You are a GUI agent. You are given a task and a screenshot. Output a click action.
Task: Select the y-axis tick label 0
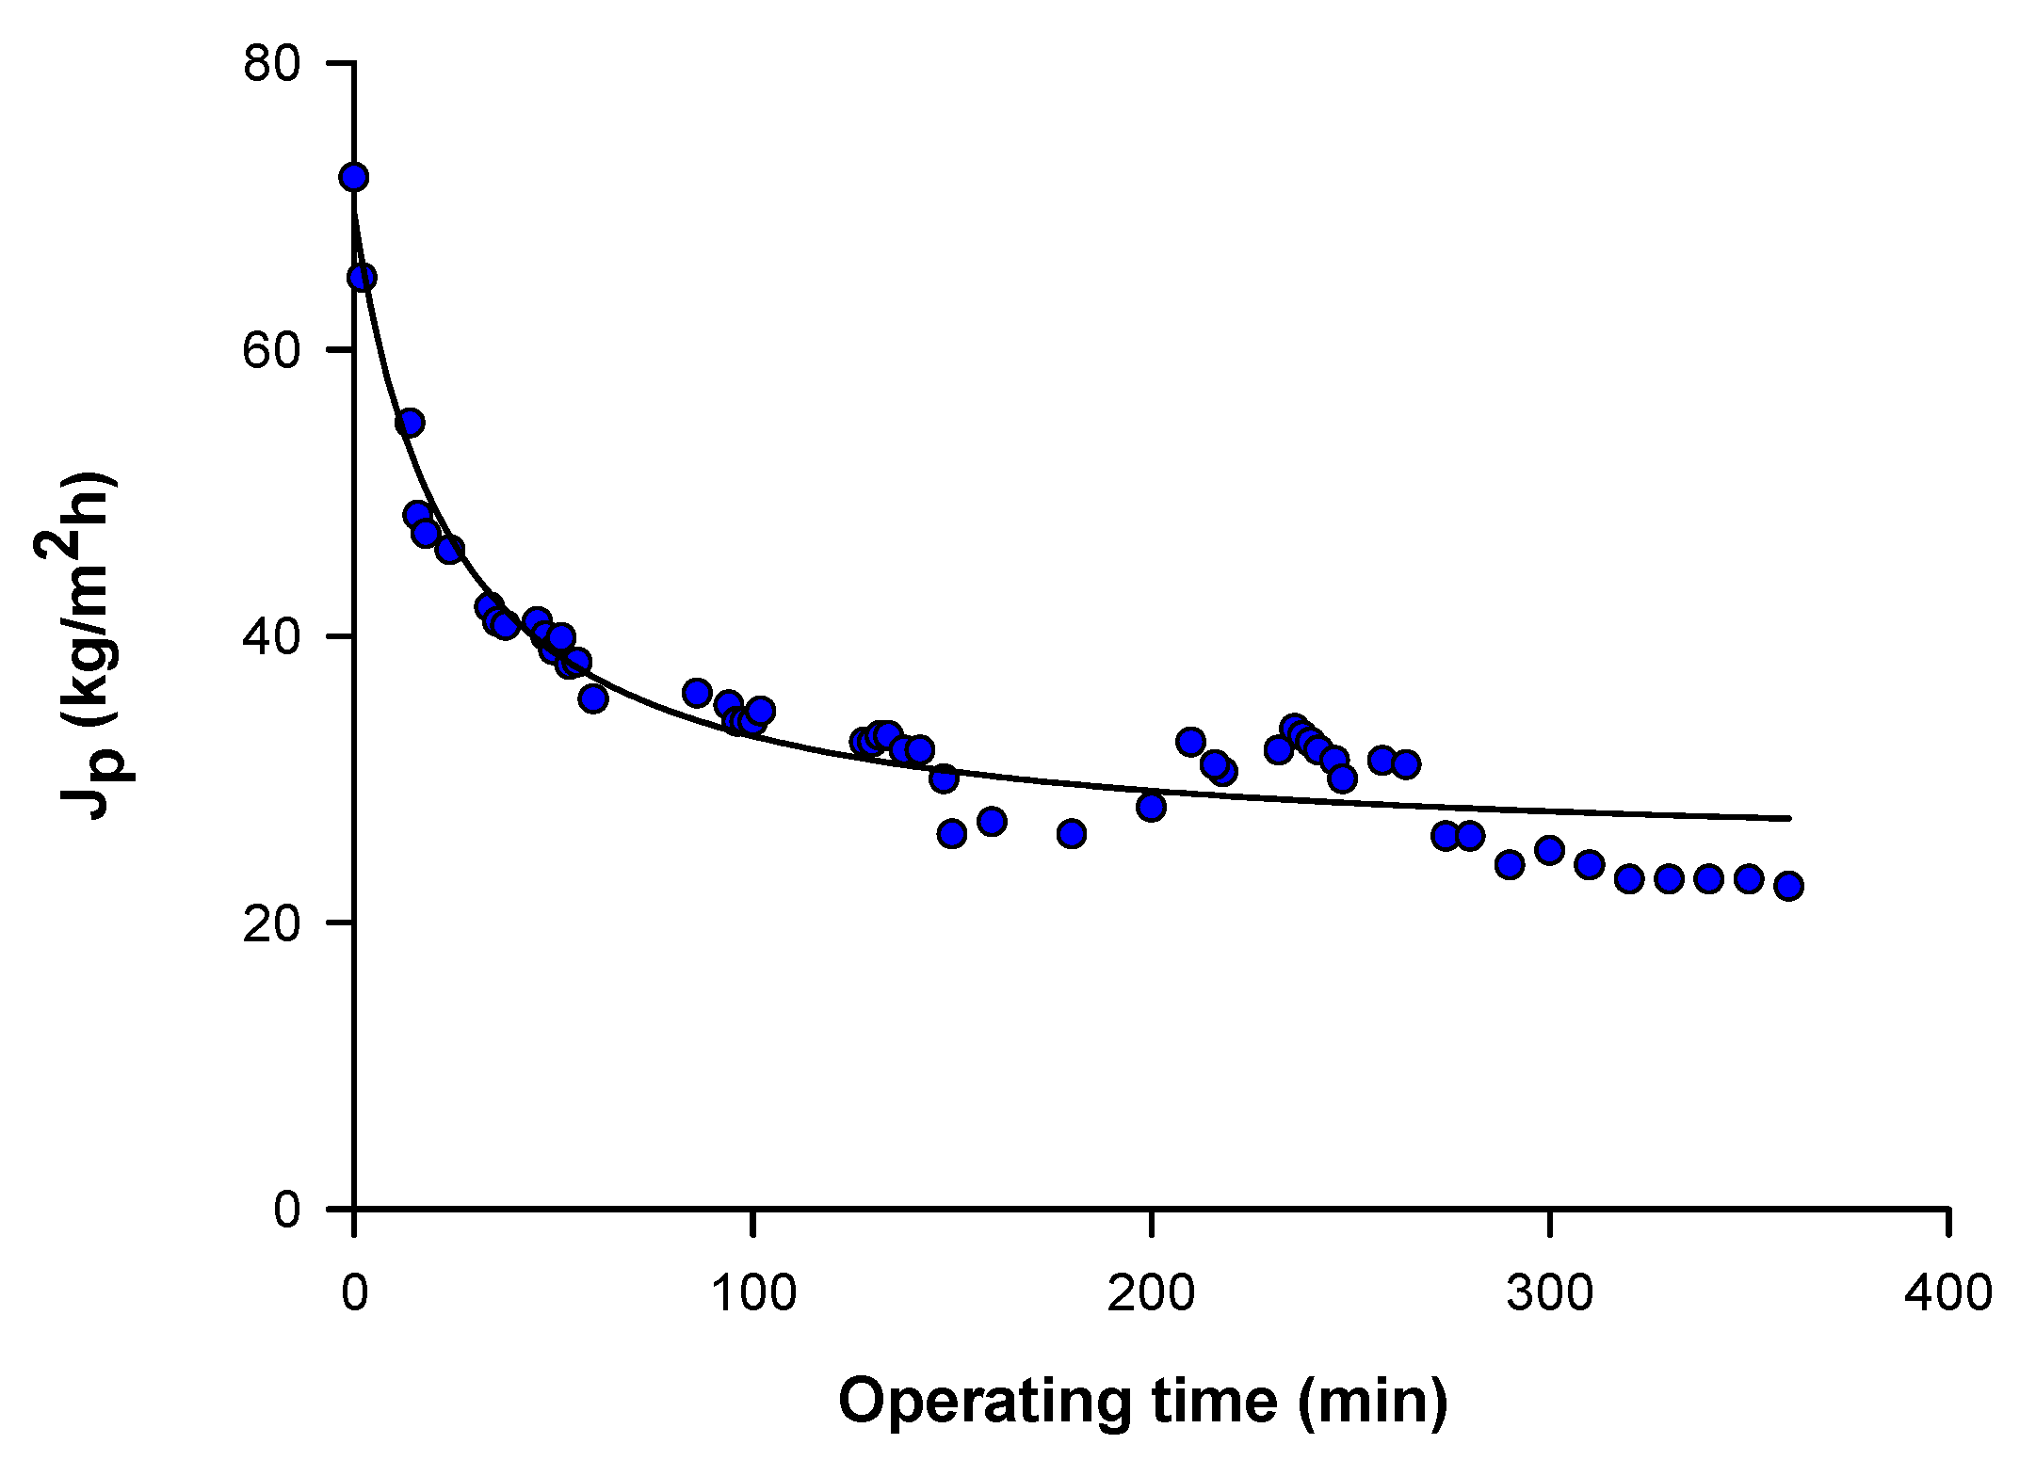point(286,1209)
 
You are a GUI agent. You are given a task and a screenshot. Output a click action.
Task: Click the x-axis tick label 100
point(752,1293)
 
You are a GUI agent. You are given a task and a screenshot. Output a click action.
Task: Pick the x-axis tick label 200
point(1151,1293)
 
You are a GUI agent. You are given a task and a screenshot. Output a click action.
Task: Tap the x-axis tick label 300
point(1549,1293)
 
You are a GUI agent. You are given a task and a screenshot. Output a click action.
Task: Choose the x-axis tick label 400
point(1947,1293)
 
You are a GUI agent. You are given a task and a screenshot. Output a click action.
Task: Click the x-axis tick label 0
point(354,1293)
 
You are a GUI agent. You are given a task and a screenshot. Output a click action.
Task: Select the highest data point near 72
point(354,177)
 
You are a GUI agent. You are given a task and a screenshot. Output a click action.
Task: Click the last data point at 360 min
point(1788,886)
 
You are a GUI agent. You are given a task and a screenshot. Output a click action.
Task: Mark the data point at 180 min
point(1072,833)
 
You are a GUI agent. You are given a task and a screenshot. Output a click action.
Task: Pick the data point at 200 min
point(1151,807)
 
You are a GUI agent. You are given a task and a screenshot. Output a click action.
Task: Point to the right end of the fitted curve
point(1788,818)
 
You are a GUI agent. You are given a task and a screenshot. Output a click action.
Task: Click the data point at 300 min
point(1549,850)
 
